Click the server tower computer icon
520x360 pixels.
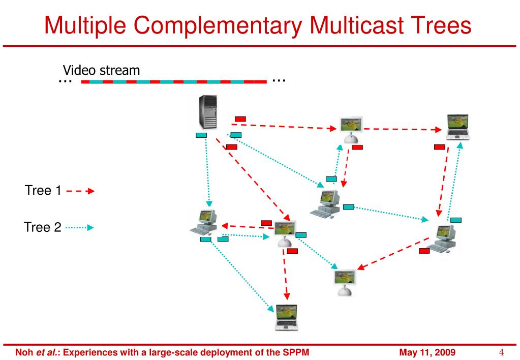[207, 113]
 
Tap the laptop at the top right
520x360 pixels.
[457, 127]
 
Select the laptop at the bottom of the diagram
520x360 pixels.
[286, 317]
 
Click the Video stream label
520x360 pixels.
[101, 70]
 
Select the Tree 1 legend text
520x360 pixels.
[43, 191]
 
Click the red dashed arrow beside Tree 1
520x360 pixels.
[80, 192]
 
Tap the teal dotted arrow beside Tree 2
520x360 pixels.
[80, 227]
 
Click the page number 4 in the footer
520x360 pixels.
[501, 352]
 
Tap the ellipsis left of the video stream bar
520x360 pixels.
[65, 81]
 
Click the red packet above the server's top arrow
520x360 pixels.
[240, 119]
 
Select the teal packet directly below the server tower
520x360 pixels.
[201, 135]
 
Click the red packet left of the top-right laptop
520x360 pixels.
[440, 147]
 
